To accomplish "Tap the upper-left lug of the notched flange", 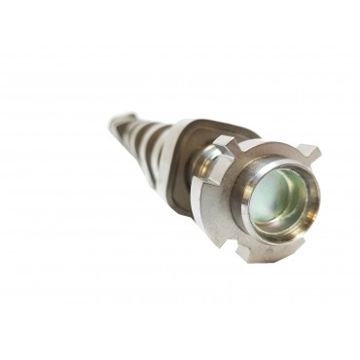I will tap(221, 143).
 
